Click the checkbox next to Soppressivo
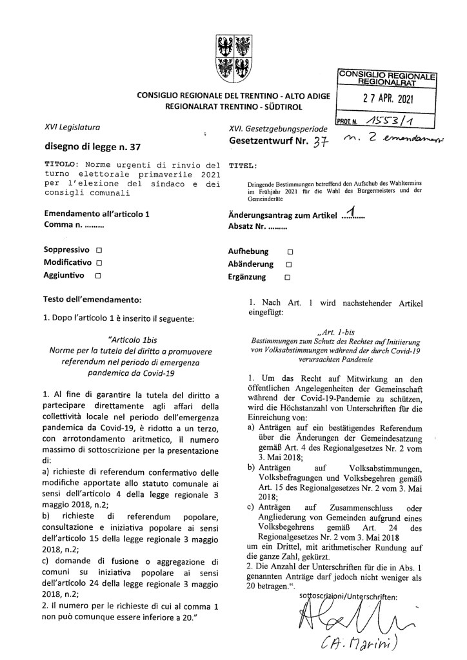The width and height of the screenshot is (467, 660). [98, 249]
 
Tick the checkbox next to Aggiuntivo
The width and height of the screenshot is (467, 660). [97, 276]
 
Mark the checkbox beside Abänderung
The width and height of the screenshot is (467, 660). [288, 264]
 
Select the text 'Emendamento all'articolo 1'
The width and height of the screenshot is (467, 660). [95, 214]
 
